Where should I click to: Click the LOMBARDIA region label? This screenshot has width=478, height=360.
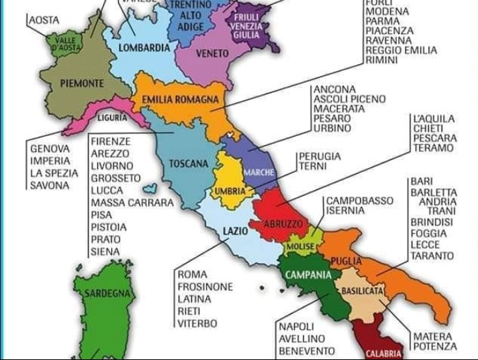(x=144, y=49)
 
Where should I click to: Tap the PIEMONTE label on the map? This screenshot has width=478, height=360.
(x=82, y=83)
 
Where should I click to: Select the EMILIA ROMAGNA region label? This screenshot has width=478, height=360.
(x=180, y=100)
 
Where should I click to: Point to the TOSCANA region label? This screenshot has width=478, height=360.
(x=188, y=164)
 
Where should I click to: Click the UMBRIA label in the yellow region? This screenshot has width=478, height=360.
(x=230, y=191)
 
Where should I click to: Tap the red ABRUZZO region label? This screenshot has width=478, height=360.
(x=282, y=224)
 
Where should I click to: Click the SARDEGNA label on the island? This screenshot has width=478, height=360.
(x=107, y=294)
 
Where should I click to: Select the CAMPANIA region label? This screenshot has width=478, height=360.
(x=308, y=275)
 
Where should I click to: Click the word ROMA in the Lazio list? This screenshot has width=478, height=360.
(x=193, y=275)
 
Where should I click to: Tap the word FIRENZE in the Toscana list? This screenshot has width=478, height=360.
(x=110, y=141)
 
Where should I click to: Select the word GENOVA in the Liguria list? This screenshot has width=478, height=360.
(x=50, y=148)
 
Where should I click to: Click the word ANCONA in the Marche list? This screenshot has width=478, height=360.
(x=334, y=89)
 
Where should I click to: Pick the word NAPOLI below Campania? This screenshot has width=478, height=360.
(x=296, y=327)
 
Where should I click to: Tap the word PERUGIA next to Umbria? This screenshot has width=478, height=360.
(x=320, y=156)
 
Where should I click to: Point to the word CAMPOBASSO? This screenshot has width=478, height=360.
(x=359, y=201)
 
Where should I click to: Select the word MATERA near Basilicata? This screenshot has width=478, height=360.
(x=432, y=336)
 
